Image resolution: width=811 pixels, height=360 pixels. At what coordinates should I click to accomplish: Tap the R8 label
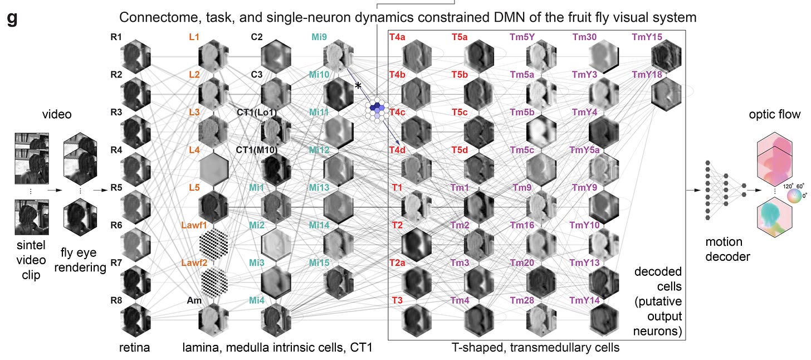(x=116, y=300)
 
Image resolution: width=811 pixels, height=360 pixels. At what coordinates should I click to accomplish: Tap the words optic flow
(x=778, y=115)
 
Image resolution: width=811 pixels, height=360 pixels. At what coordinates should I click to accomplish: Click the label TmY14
(x=584, y=300)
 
